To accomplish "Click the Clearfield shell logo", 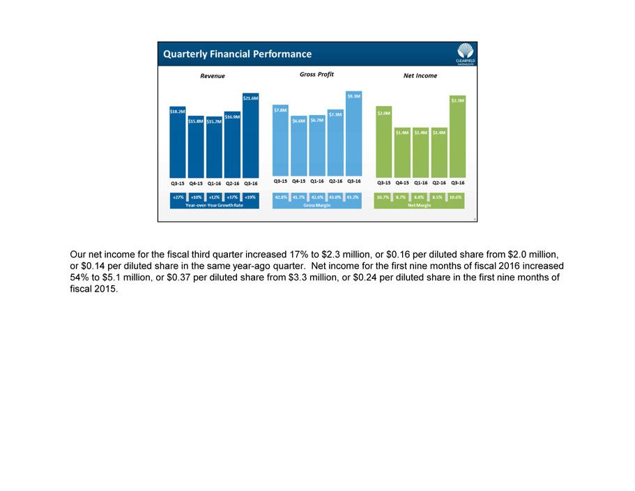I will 464,52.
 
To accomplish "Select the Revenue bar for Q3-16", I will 250,135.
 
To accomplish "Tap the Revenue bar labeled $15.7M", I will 214,146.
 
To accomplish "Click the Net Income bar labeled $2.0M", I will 383,142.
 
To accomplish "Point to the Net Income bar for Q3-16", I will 457,137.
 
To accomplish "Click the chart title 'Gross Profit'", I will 316,75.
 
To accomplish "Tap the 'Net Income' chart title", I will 420,75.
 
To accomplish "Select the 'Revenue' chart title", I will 213,75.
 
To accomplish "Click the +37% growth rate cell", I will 232,197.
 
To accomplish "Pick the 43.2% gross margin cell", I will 353,197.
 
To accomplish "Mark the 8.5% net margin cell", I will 438,197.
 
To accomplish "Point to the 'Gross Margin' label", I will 317,206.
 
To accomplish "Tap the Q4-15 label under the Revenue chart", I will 196,183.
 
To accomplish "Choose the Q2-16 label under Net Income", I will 438,183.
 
